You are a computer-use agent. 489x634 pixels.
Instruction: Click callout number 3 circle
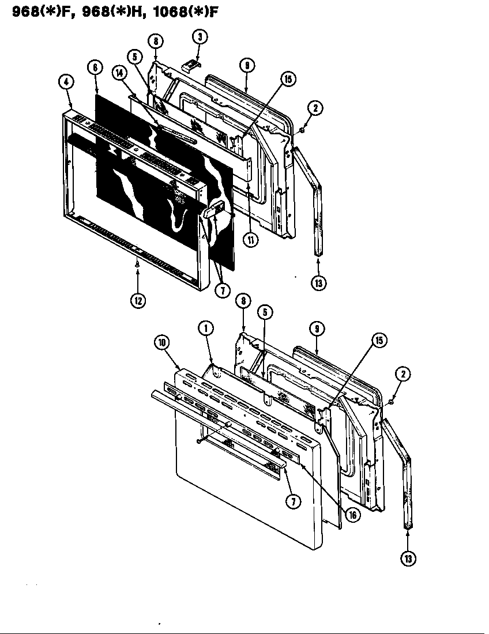point(199,37)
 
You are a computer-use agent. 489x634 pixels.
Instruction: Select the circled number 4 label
point(66,82)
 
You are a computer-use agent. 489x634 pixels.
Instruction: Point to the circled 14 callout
point(119,73)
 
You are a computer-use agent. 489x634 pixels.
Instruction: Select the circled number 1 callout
point(205,328)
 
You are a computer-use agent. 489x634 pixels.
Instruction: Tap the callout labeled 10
point(163,342)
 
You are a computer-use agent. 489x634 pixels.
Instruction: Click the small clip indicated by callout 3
point(189,65)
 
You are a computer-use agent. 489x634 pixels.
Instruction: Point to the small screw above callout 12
point(137,265)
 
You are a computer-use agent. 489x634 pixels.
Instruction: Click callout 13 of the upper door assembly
point(318,283)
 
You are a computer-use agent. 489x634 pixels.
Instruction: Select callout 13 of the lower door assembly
point(408,558)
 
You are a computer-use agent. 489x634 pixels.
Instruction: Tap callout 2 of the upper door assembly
point(315,108)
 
